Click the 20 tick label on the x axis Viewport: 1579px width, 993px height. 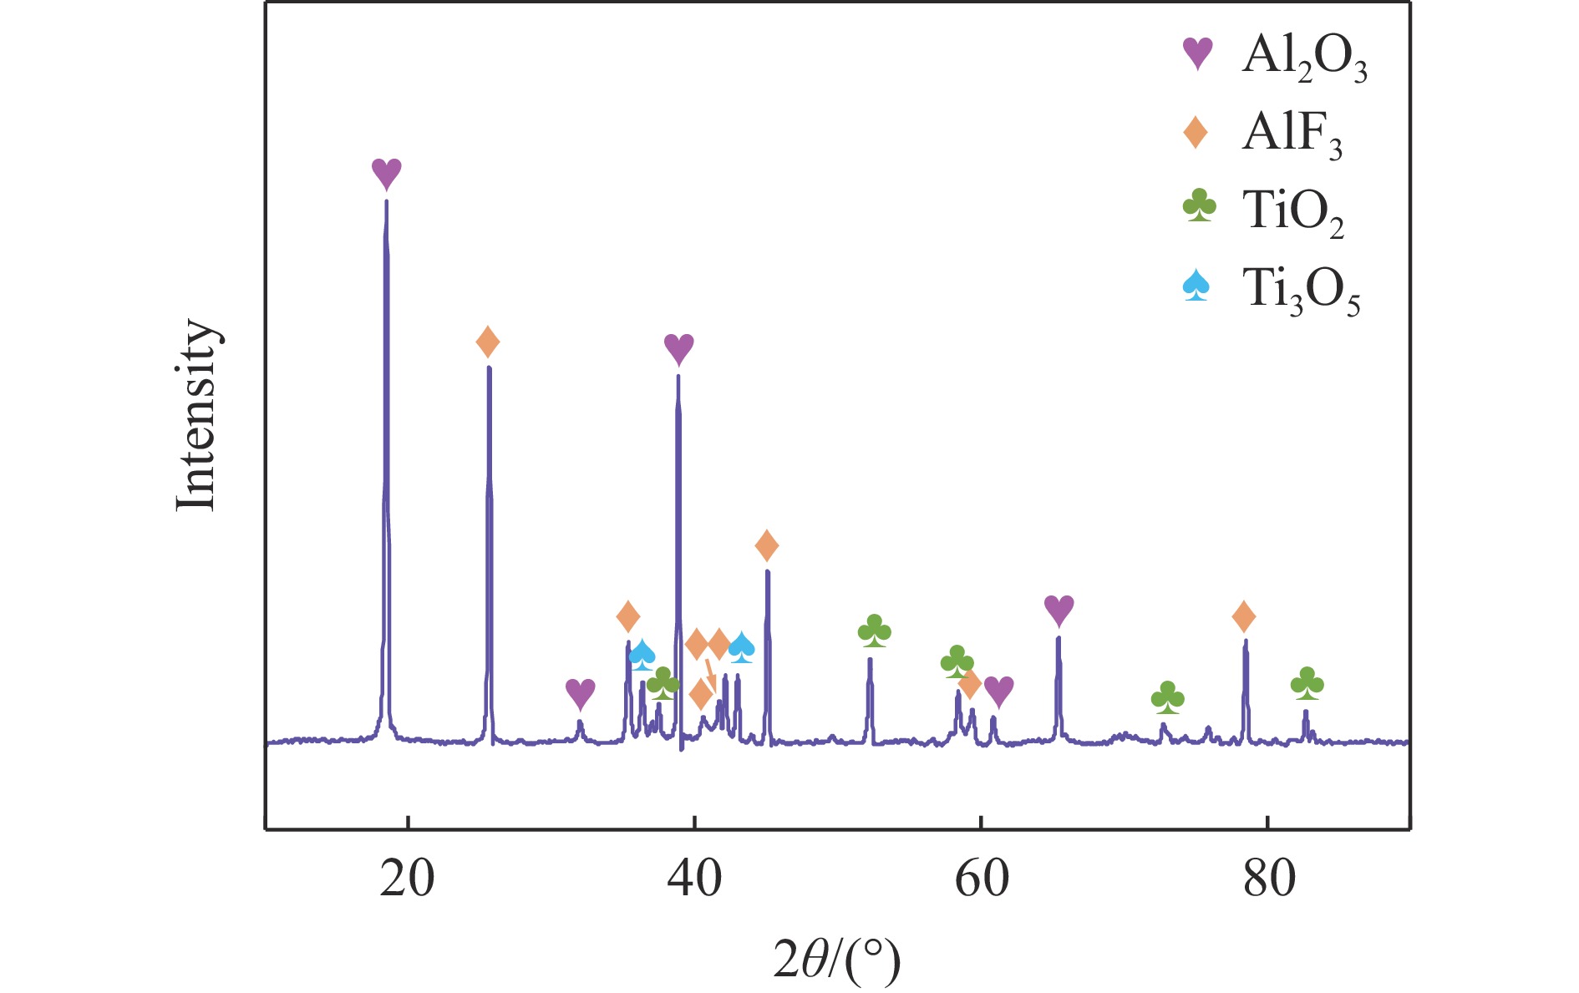(x=407, y=879)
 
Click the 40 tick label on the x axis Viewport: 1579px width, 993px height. (x=694, y=879)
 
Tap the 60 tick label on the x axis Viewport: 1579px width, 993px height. (x=982, y=879)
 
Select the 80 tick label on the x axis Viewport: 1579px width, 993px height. (x=1269, y=879)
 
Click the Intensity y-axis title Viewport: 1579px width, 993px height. (x=197, y=414)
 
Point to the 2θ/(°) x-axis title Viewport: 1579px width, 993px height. (x=836, y=961)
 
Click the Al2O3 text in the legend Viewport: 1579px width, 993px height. (x=1304, y=58)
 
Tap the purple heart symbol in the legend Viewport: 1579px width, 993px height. (x=1198, y=54)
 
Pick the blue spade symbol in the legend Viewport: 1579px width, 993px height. (x=1196, y=285)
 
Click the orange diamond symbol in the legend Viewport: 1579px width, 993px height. (x=1196, y=132)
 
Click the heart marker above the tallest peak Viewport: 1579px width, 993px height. (x=387, y=174)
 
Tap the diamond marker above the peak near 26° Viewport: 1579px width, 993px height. (x=488, y=342)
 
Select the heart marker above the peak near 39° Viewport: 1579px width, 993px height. (x=678, y=348)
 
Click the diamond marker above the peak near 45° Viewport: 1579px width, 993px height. (x=767, y=546)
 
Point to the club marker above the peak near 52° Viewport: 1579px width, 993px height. (x=874, y=631)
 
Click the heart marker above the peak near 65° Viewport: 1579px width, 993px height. (x=1059, y=611)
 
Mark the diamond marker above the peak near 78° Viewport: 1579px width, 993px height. (x=1244, y=617)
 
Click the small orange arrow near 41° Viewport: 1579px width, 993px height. (x=710, y=672)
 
